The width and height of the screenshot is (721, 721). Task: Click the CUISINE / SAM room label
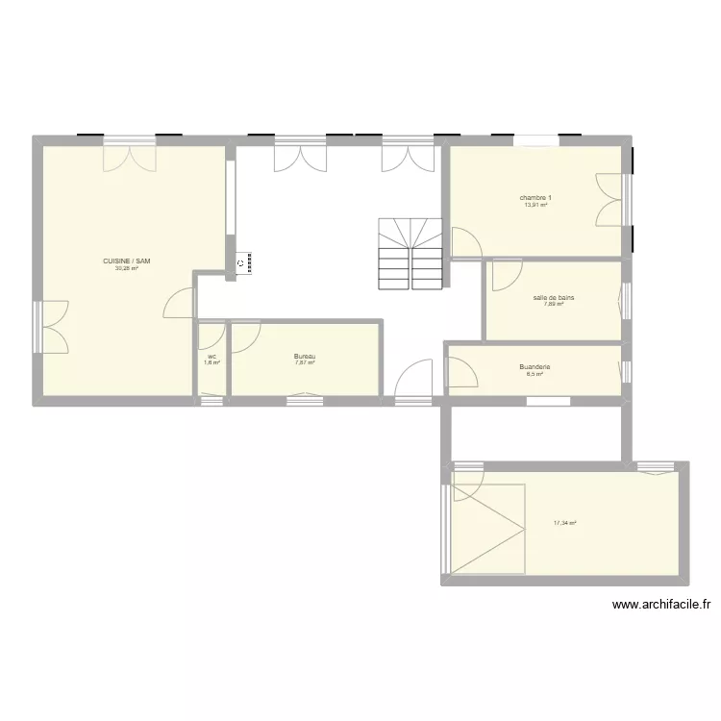click(x=127, y=261)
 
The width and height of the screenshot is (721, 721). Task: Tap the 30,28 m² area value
click(x=127, y=269)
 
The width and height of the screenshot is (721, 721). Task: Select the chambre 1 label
click(x=536, y=197)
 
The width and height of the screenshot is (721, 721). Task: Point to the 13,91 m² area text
click(x=536, y=205)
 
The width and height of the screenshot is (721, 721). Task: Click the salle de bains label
click(x=553, y=297)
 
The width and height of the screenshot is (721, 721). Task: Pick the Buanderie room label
click(x=534, y=366)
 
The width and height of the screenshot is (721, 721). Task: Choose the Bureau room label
click(x=305, y=357)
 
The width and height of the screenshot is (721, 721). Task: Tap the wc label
click(x=211, y=357)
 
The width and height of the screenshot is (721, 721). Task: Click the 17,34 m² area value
click(x=565, y=524)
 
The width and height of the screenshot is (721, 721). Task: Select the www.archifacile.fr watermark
click(x=660, y=605)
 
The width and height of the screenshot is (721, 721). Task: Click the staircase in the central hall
click(x=410, y=252)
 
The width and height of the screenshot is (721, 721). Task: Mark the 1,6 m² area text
click(x=211, y=363)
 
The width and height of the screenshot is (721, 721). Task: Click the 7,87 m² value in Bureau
click(x=305, y=363)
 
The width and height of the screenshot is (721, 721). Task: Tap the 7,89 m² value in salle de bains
click(x=553, y=305)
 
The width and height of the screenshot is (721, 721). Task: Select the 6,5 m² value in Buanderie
click(x=534, y=374)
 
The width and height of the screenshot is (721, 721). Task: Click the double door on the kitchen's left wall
click(x=52, y=326)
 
